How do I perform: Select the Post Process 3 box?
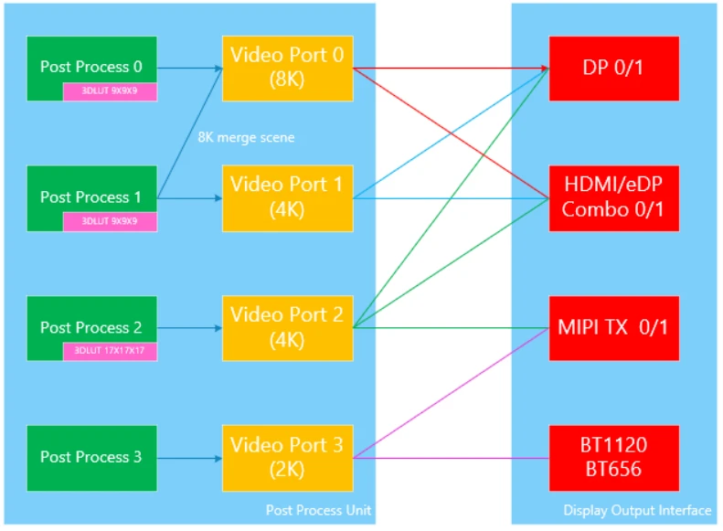click(x=91, y=457)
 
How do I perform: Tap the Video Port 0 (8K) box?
click(x=287, y=68)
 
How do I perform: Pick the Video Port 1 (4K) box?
click(x=287, y=197)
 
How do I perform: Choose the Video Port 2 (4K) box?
click(x=287, y=327)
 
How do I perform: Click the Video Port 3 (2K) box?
click(x=287, y=457)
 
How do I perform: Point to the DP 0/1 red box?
click(x=613, y=68)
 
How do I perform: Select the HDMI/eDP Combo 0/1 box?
click(x=613, y=197)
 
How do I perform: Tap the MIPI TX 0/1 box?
click(x=613, y=327)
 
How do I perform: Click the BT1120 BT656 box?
click(x=613, y=457)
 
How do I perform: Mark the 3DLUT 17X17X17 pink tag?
click(x=111, y=350)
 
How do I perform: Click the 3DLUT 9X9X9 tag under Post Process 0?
click(x=111, y=91)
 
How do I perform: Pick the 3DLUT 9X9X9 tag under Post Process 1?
click(x=111, y=221)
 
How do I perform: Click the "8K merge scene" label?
click(x=246, y=137)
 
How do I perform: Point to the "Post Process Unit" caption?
click(x=318, y=510)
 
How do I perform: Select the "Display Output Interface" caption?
click(x=636, y=510)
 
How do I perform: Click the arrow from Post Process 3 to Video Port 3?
click(x=189, y=457)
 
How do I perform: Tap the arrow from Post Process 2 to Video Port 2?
click(x=189, y=327)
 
